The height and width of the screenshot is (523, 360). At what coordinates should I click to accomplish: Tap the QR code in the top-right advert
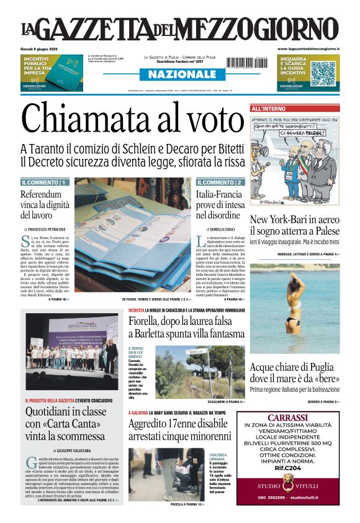tap(323, 73)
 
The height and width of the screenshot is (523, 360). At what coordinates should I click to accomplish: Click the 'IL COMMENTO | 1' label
tap(45, 183)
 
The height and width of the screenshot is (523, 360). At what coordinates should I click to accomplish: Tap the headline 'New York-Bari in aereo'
tap(294, 219)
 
